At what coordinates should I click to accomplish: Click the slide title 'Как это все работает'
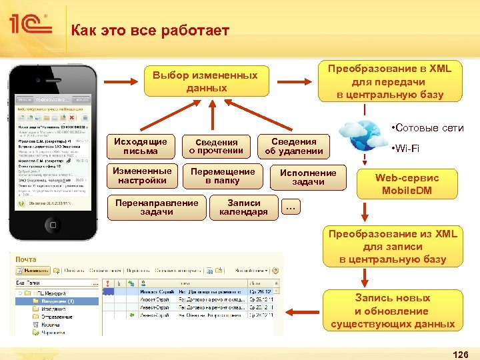[x=150, y=31]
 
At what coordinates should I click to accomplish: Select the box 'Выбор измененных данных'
[x=205, y=81]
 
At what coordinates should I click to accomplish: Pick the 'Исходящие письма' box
[x=140, y=146]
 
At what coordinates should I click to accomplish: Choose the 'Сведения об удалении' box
[x=293, y=146]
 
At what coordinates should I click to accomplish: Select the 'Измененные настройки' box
[x=141, y=175]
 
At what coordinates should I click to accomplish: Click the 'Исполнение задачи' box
[x=308, y=177]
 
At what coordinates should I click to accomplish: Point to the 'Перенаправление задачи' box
[x=157, y=207]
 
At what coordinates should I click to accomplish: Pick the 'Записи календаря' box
[x=243, y=207]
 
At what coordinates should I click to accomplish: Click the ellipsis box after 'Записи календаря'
[x=290, y=207]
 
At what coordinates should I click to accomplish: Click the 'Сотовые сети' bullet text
[x=427, y=128]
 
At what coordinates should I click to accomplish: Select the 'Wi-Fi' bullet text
[x=406, y=148]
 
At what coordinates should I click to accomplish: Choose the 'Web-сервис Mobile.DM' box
[x=407, y=184]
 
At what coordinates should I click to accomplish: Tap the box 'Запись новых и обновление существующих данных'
[x=392, y=311]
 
